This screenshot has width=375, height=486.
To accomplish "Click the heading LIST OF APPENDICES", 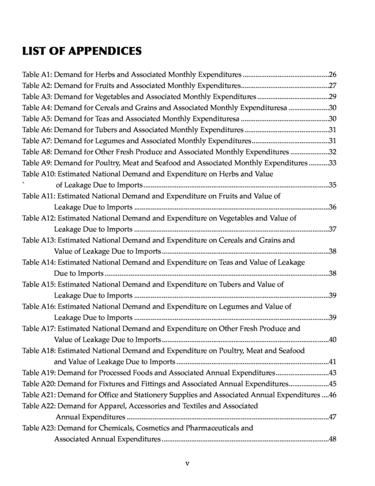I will pyautogui.click(x=81, y=51).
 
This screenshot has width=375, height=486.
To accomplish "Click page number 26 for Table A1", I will pyautogui.click(x=332, y=75).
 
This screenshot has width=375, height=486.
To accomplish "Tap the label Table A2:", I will pyautogui.click(x=37, y=86).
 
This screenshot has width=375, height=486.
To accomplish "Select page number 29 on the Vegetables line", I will pyautogui.click(x=332, y=97).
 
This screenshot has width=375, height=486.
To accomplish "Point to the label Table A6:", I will pyautogui.click(x=37, y=130).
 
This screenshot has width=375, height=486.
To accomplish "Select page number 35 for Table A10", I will pyautogui.click(x=332, y=185).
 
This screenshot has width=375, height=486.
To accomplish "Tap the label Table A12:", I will pyautogui.click(x=39, y=218).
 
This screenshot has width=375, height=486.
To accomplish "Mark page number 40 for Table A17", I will pyautogui.click(x=332, y=340).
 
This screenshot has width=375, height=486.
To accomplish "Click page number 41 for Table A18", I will pyautogui.click(x=332, y=362).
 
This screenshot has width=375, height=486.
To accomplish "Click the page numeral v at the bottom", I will pyautogui.click(x=187, y=464).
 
